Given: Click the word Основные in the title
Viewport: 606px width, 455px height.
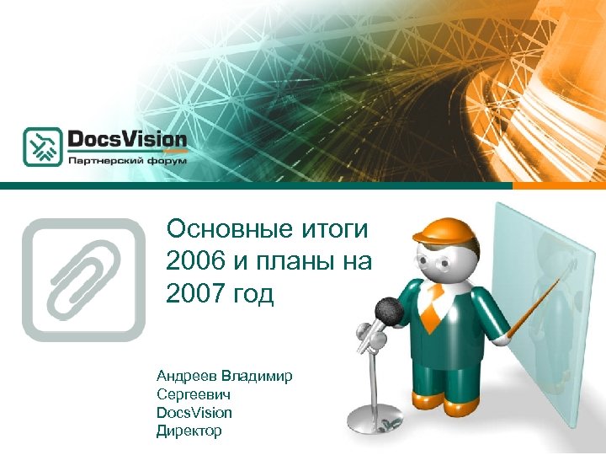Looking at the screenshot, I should pos(220,229).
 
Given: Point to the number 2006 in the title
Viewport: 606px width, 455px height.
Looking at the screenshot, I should pos(195,262).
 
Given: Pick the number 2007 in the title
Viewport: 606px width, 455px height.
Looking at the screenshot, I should pos(195,296).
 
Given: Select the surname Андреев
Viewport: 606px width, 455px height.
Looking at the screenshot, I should pos(186,376).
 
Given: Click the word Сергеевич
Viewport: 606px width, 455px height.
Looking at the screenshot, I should pos(194,393).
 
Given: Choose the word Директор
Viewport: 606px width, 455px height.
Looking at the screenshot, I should pos(189,431).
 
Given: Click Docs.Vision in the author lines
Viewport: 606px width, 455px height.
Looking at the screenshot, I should pos(194,412).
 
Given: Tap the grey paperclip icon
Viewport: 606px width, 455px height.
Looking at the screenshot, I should pos(84,279).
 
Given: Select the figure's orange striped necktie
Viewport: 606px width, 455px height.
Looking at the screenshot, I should pos(431,308).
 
